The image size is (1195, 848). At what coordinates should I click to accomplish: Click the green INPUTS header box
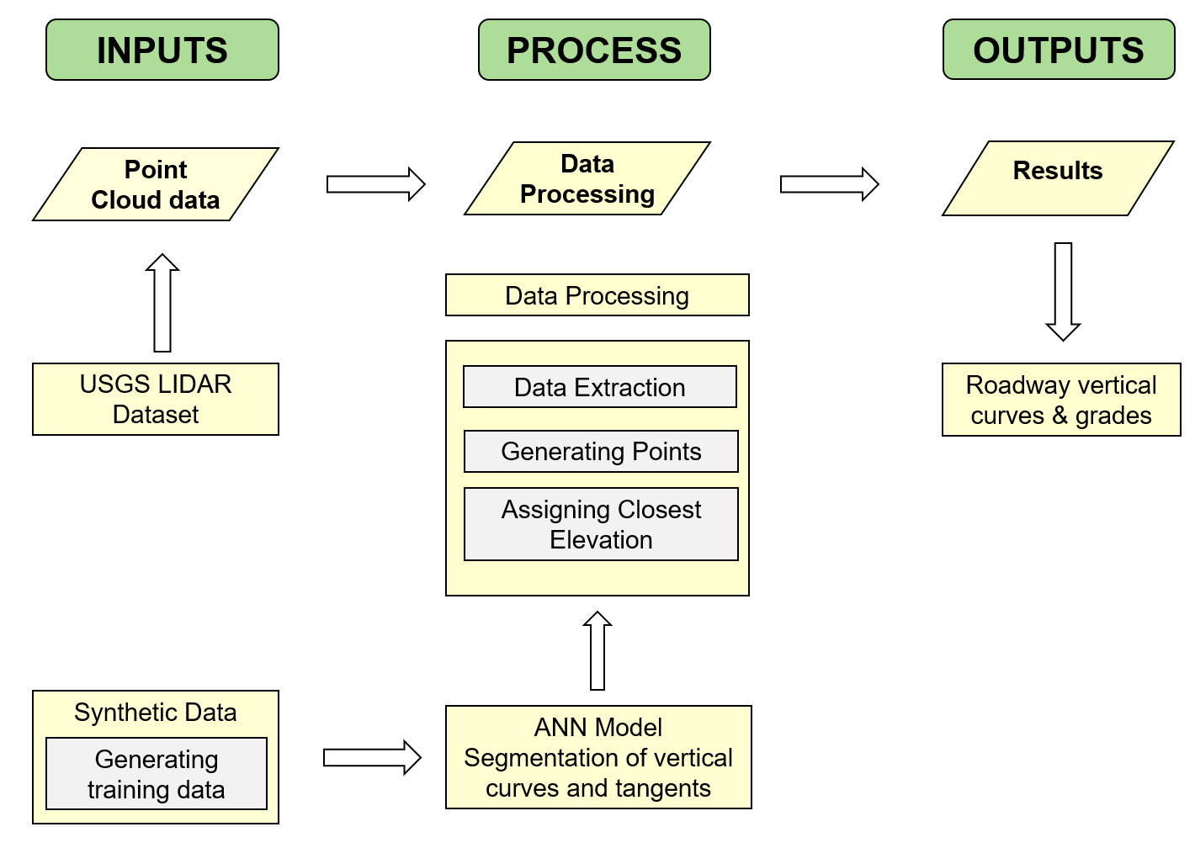coord(162,50)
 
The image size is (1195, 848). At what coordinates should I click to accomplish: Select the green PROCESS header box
coord(594,50)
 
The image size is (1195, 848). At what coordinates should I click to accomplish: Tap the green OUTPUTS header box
coord(1058,50)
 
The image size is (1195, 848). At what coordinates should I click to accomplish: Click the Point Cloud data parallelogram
coord(156,184)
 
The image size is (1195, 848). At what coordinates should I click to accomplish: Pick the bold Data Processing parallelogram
coord(587,178)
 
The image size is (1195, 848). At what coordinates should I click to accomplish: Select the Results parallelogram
coord(1058,178)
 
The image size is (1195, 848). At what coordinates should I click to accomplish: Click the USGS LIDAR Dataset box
coord(156,399)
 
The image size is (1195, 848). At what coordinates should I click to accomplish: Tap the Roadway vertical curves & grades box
coord(1061,400)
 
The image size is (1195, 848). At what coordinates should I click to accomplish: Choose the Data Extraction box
coord(600,387)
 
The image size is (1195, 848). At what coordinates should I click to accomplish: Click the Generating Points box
coord(601,452)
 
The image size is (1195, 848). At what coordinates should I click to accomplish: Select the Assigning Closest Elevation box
coord(601,524)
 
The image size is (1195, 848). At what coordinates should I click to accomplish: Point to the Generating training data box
coord(157,774)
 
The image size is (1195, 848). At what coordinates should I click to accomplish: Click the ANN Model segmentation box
coord(598,757)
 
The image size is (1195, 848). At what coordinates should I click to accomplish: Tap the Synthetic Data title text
coord(156,713)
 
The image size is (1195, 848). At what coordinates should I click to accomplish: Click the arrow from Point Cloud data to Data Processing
coord(375,184)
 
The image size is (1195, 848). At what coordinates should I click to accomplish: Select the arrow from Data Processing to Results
coord(829,184)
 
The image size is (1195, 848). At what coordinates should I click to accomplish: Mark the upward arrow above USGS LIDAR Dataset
coord(162,303)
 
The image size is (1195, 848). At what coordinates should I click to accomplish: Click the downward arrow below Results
coord(1063,291)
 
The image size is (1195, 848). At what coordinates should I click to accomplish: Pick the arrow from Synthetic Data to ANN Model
coord(372,758)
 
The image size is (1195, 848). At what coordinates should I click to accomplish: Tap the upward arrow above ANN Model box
coord(597,651)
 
